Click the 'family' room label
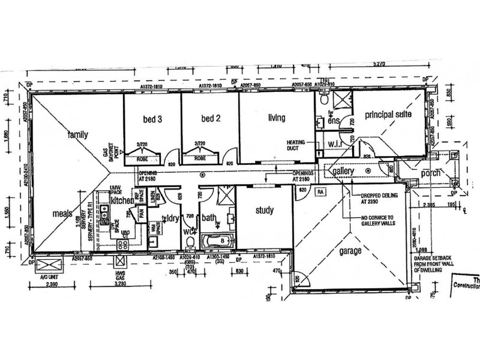(x=77, y=135)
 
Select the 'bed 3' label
(x=152, y=119)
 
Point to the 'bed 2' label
(x=211, y=119)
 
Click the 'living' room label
(x=276, y=118)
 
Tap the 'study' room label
(x=264, y=211)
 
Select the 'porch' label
(x=430, y=173)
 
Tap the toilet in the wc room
(x=191, y=242)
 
